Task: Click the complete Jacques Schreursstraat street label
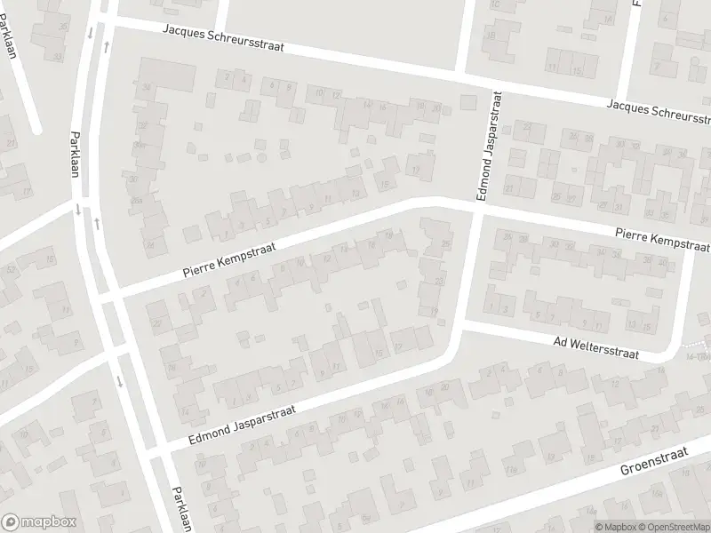point(223,38)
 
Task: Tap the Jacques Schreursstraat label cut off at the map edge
point(659,111)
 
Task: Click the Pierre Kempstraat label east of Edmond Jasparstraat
point(662,237)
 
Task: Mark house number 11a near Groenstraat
point(513,469)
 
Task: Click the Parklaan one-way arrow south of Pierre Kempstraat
point(119,383)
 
